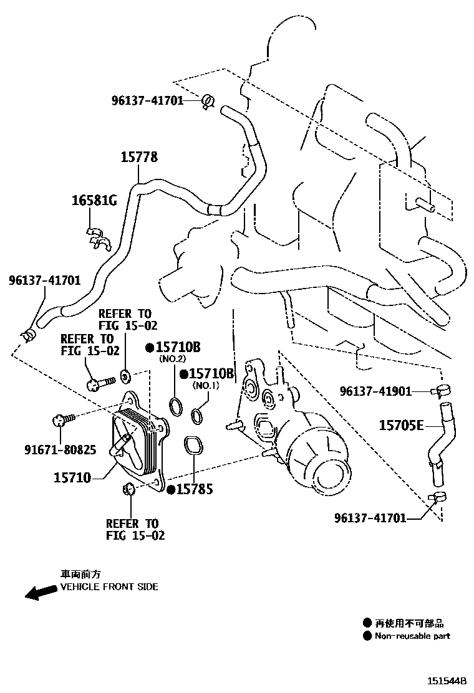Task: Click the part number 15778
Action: click(x=138, y=158)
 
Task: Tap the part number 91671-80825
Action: click(x=60, y=449)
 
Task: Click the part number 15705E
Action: click(x=401, y=426)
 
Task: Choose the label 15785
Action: click(x=194, y=490)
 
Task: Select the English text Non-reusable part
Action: click(x=412, y=636)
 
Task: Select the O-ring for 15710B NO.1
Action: click(x=198, y=414)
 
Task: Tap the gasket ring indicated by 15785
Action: click(x=193, y=446)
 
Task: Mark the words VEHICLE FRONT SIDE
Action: click(x=109, y=587)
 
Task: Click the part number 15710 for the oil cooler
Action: click(x=72, y=478)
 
